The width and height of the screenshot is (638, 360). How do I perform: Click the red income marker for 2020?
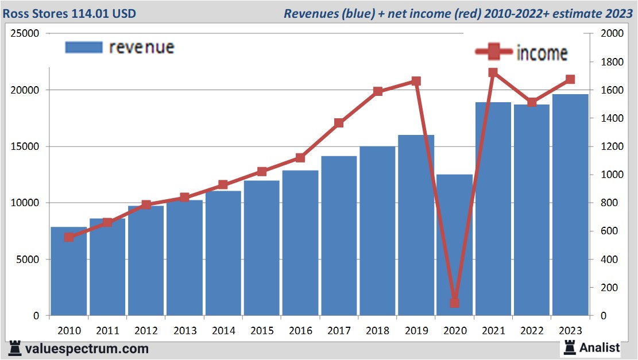point(454,302)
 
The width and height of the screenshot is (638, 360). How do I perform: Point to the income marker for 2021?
point(493,72)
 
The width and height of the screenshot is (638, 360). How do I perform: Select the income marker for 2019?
point(416,81)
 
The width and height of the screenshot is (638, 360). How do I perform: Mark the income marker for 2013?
point(184,197)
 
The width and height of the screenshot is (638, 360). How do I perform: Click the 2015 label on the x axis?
point(261,331)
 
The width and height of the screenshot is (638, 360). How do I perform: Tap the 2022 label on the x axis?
point(531,331)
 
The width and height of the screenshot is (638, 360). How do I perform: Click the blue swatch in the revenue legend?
point(83,47)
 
